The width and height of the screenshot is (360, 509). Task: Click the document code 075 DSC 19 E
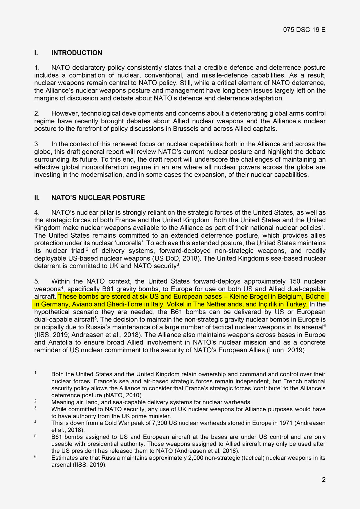(304, 30)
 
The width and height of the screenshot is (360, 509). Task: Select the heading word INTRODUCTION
(77, 53)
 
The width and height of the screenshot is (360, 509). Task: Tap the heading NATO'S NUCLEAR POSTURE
(98, 198)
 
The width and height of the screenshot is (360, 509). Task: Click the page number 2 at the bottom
(323, 480)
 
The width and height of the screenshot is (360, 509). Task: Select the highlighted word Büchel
(315, 297)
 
